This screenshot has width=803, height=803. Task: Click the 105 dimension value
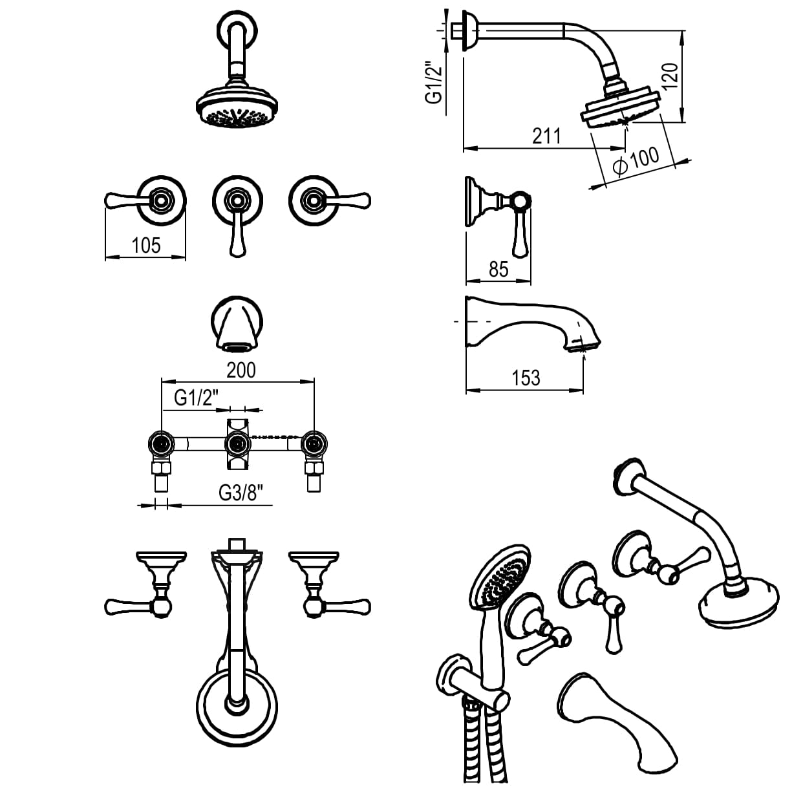[145, 246]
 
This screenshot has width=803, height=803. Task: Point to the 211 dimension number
[546, 136]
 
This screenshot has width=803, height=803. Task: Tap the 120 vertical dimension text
[670, 76]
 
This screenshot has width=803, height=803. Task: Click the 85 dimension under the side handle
[498, 269]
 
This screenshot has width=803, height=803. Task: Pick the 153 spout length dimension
[525, 378]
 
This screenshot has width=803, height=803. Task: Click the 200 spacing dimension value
[241, 370]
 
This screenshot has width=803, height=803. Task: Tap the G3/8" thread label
[242, 493]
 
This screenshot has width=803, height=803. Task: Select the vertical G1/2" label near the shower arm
[433, 82]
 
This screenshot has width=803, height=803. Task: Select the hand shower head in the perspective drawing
[500, 575]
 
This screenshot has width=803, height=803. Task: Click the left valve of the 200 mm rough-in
[160, 444]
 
